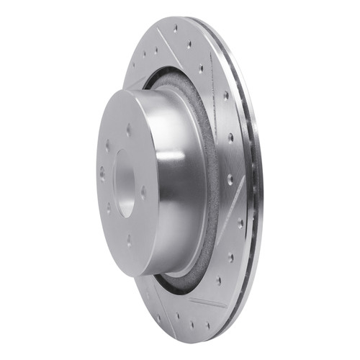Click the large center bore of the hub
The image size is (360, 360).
pos(125,184)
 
